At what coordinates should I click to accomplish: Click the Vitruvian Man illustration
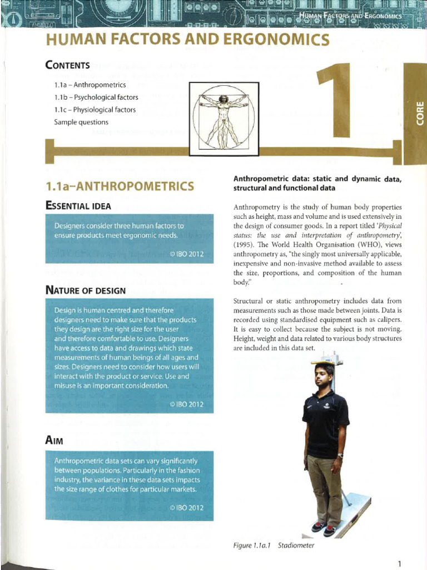click(x=224, y=118)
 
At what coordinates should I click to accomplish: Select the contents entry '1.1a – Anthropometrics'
click(x=90, y=85)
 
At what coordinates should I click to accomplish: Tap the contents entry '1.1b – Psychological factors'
click(x=96, y=97)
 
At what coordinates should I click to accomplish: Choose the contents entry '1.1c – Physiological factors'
click(x=95, y=110)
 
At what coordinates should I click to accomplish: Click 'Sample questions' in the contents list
click(x=81, y=122)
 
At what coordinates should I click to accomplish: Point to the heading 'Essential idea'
click(x=78, y=206)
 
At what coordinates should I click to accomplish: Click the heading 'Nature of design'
click(x=85, y=290)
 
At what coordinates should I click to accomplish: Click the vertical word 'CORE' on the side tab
click(x=420, y=111)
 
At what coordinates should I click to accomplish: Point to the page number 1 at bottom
click(x=399, y=563)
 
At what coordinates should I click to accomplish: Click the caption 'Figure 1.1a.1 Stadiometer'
click(x=274, y=545)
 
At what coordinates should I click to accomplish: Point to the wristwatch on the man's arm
click(x=340, y=455)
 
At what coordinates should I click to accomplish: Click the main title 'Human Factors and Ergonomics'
click(x=187, y=40)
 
